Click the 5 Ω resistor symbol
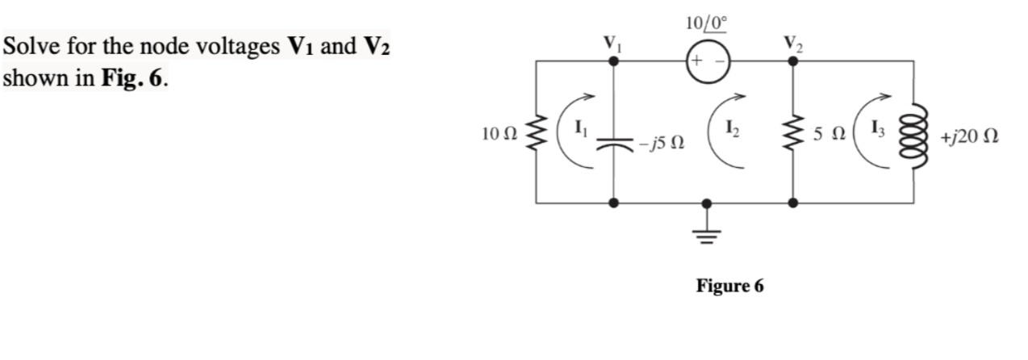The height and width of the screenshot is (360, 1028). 792,133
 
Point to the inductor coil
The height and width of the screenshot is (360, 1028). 913,133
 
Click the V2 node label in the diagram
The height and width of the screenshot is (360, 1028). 791,41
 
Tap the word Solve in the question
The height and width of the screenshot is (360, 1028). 30,48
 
